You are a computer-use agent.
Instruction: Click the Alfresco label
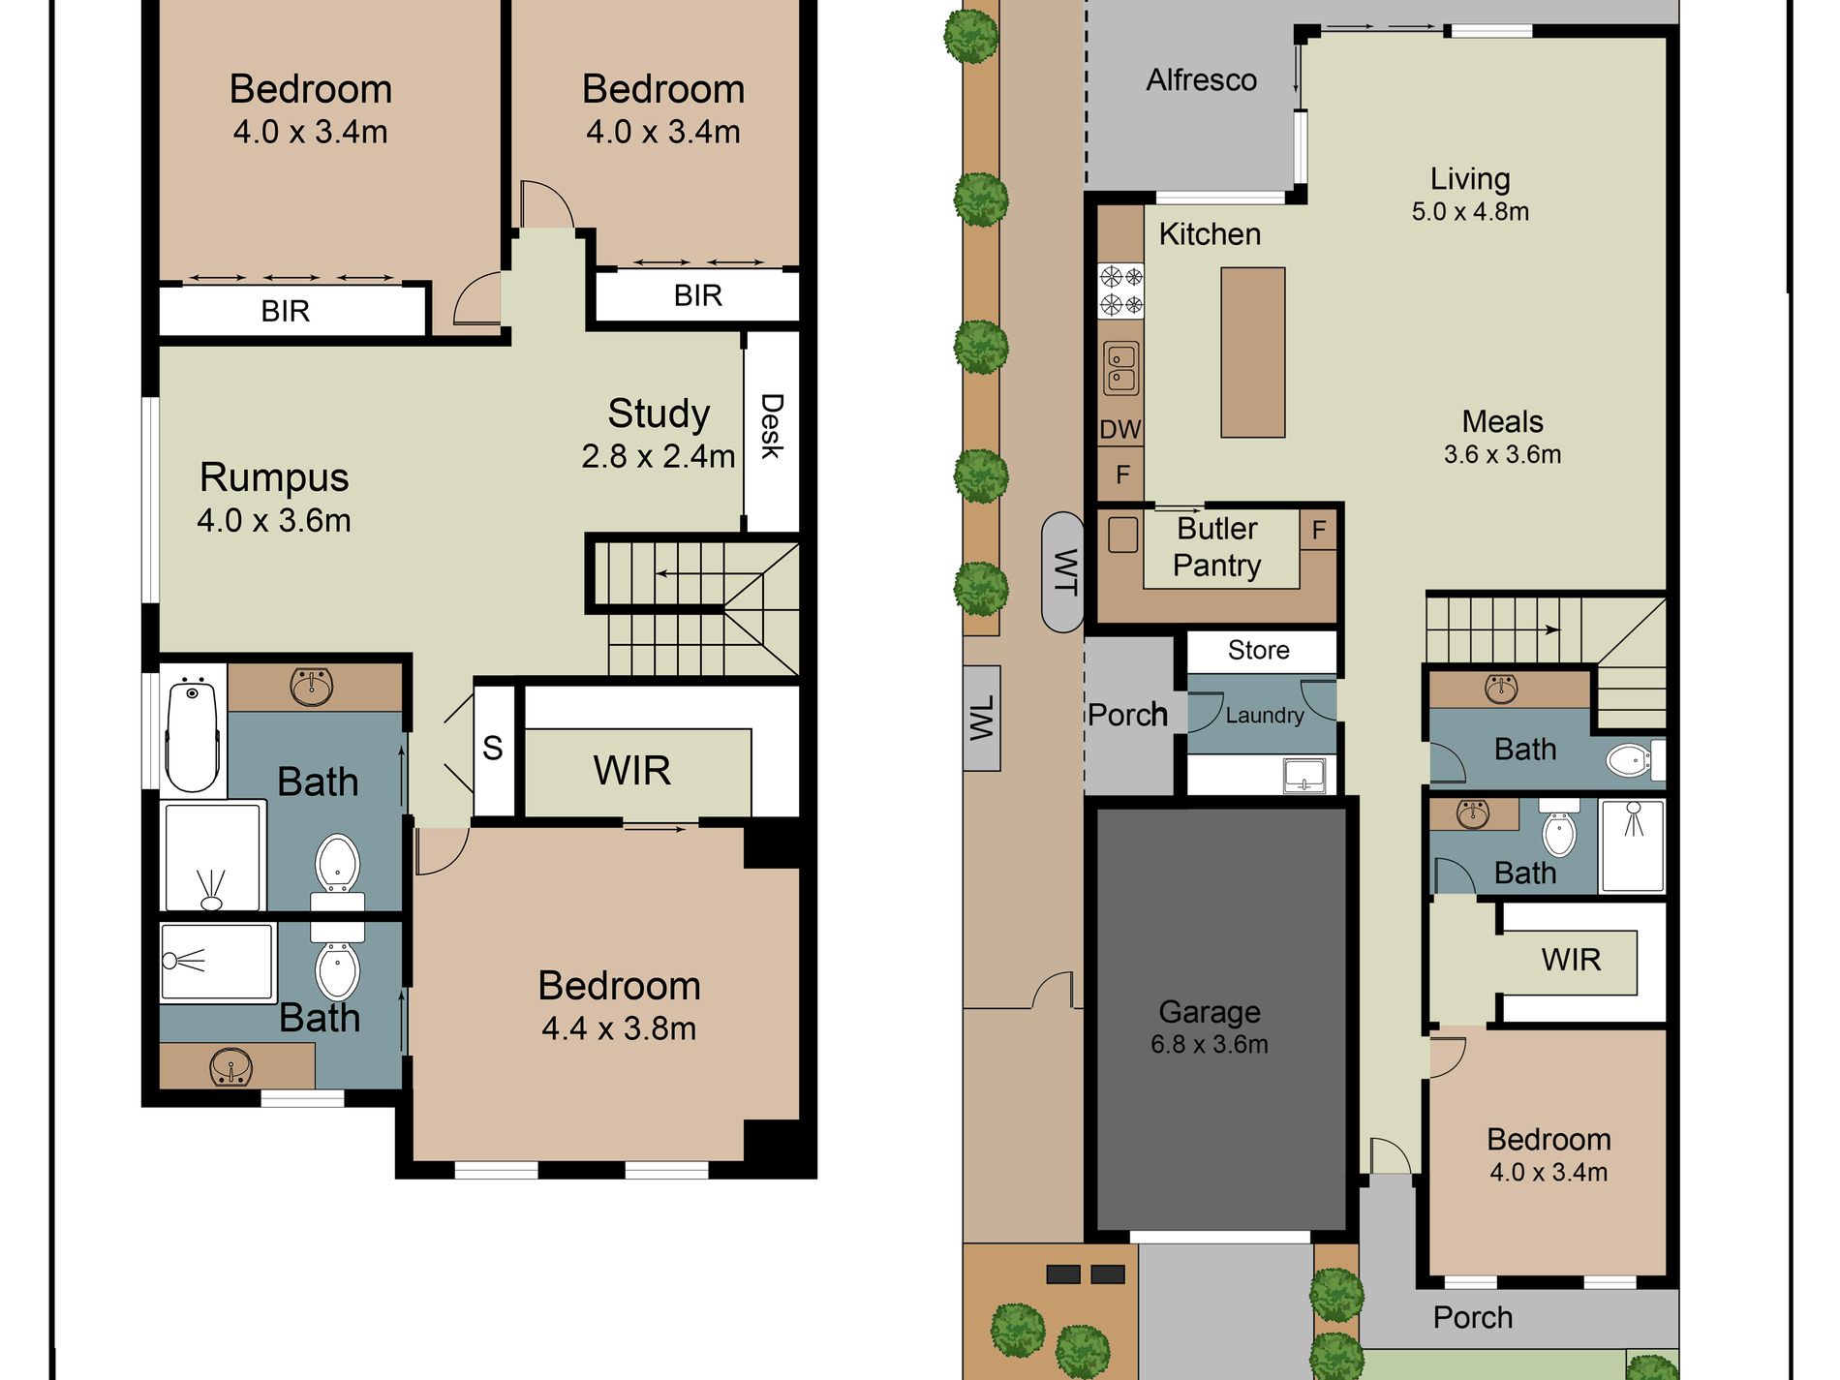(1202, 79)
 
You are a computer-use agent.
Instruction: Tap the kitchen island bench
(1252, 353)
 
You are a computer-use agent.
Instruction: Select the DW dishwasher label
(1120, 429)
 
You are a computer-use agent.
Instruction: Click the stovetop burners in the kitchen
(1120, 291)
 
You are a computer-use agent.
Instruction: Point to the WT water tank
(1063, 571)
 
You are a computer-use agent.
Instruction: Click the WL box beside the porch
(982, 718)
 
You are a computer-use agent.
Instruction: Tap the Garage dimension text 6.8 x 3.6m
(1210, 1044)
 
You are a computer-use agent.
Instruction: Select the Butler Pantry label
(1217, 547)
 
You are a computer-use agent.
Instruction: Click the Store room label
(1259, 650)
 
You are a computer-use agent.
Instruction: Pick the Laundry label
(1265, 716)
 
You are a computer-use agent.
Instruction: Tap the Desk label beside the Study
(772, 425)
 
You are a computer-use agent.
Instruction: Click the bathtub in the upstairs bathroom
(192, 734)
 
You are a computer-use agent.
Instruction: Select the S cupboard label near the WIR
(493, 748)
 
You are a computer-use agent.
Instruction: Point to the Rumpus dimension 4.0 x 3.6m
(274, 520)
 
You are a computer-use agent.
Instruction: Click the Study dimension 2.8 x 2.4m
(659, 456)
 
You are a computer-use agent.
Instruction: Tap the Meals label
(1502, 421)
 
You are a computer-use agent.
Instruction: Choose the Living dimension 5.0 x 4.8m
(1470, 211)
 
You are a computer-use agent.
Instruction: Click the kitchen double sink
(1121, 369)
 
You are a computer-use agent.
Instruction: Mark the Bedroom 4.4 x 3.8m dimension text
(619, 1028)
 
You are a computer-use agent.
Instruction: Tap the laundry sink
(1304, 776)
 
